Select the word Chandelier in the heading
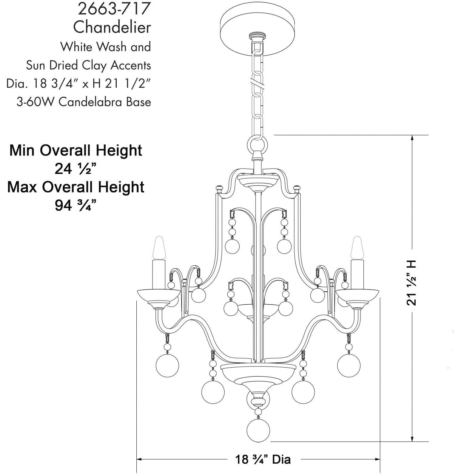(x=112, y=27)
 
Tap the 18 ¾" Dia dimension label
(x=263, y=459)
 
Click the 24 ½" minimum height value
(x=75, y=169)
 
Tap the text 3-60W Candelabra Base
(x=84, y=102)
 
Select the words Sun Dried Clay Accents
(x=88, y=65)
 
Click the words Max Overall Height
(x=76, y=187)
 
